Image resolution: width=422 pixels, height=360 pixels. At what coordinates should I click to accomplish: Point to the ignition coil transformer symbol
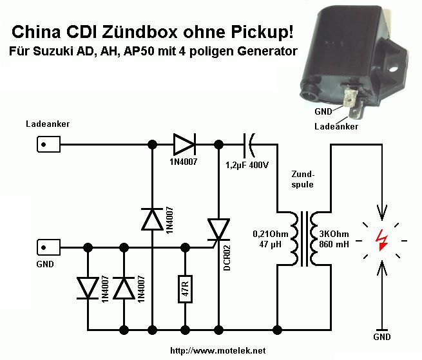(303, 238)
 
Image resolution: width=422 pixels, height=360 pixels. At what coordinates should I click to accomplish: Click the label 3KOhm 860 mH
(335, 239)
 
